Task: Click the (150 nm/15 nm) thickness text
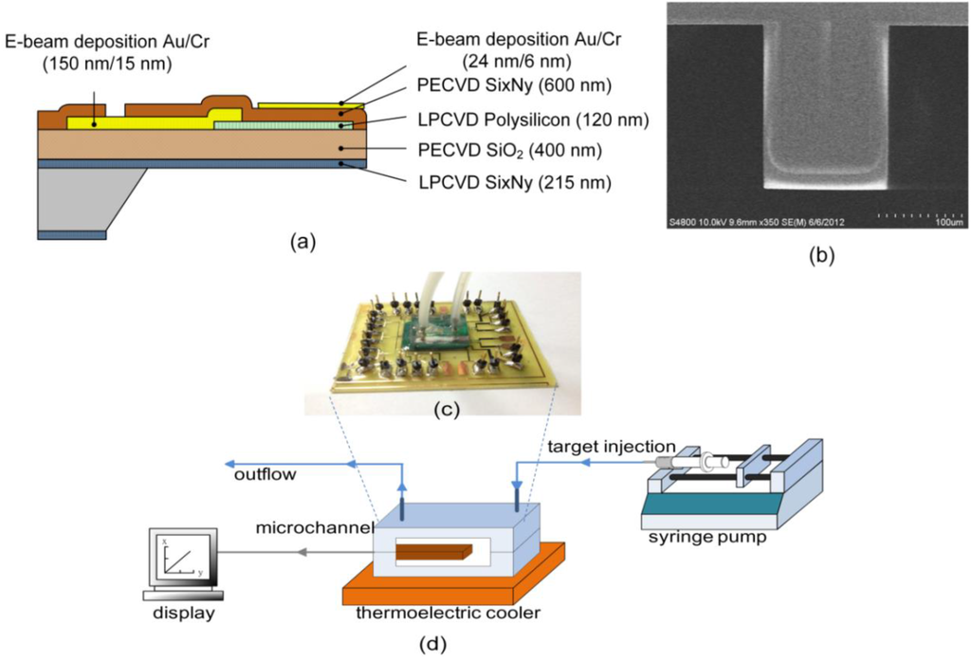pyautogui.click(x=89, y=64)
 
